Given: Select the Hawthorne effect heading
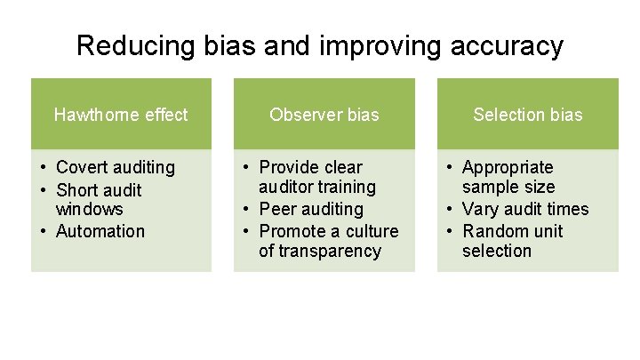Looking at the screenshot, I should click(121, 115).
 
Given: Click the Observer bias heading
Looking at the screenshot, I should click(324, 115).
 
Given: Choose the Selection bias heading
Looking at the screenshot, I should click(527, 115).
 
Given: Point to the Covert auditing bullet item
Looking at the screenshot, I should click(115, 167).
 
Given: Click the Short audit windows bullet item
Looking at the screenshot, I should click(98, 199).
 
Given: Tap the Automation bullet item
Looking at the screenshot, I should click(100, 231).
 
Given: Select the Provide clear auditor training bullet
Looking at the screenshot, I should click(316, 177).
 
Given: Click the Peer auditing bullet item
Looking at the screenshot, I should click(310, 209).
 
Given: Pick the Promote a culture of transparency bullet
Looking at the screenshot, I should click(327, 241).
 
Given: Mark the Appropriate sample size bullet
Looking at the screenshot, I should click(508, 177).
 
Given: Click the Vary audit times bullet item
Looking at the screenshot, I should click(524, 209).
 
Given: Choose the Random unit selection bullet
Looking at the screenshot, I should click(512, 241).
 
